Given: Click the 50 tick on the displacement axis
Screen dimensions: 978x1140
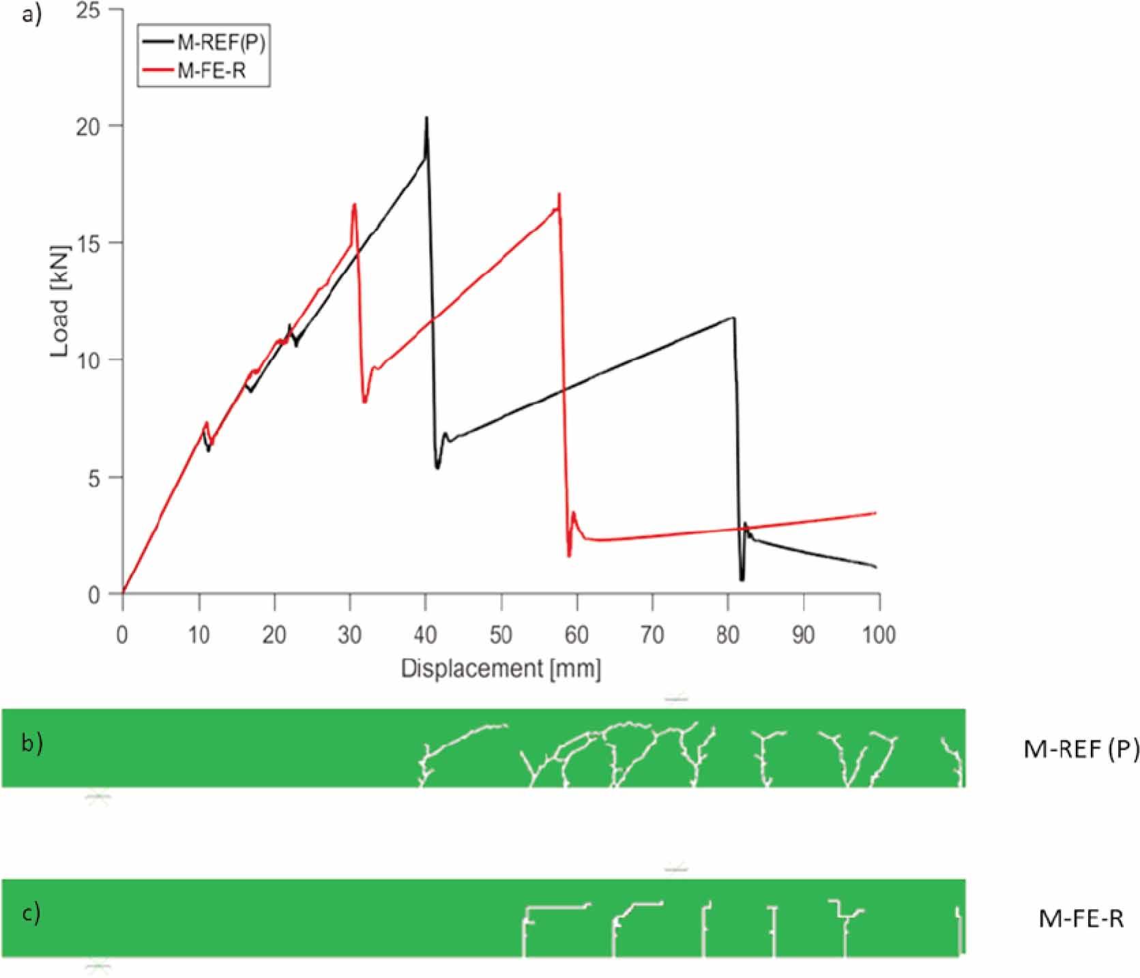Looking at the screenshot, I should tap(501, 635).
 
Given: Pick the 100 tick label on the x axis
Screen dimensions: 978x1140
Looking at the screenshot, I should tap(879, 635).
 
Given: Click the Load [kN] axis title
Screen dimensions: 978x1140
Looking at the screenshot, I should tap(61, 301).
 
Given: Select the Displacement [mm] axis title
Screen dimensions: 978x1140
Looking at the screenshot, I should tap(501, 668).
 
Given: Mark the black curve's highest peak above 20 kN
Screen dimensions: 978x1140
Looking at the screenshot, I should tap(426, 119).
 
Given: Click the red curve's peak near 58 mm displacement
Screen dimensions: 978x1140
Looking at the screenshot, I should tap(559, 195).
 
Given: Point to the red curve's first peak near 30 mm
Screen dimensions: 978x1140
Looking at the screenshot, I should tap(354, 205).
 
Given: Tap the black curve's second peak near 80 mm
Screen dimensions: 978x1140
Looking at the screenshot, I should tap(733, 317).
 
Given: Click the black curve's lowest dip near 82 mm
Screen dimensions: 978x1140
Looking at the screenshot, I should tap(742, 579).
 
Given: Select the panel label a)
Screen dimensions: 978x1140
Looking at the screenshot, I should tap(31, 14).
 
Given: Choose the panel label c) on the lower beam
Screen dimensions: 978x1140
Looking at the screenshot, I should tap(31, 913).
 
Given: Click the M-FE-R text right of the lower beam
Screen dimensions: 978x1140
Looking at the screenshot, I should tap(1081, 919).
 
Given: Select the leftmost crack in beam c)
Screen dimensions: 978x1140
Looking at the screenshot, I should tap(525, 931).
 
